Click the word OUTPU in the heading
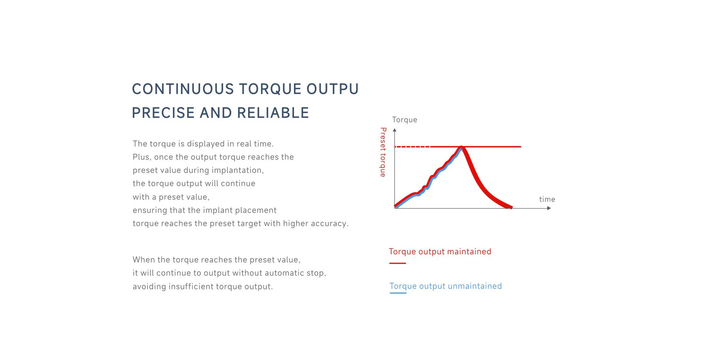pyautogui.click(x=333, y=89)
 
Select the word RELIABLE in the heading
pyautogui.click(x=273, y=113)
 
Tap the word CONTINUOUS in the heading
pyautogui.click(x=183, y=89)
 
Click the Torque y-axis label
pyautogui.click(x=405, y=120)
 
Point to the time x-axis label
pyautogui.click(x=547, y=199)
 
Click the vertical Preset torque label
pyautogui.click(x=383, y=152)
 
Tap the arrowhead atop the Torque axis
pyautogui.click(x=395, y=130)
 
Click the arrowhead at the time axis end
pyautogui.click(x=549, y=208)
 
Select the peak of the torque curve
pyautogui.click(x=461, y=147)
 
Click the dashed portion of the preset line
pyautogui.click(x=412, y=147)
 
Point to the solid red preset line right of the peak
pyautogui.click(x=493, y=146)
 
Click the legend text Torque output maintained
pyautogui.click(x=440, y=252)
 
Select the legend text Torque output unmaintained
pyautogui.click(x=446, y=286)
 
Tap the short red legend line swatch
pyautogui.click(x=398, y=263)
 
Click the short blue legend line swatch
pyautogui.click(x=398, y=293)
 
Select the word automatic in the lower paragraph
pyautogui.click(x=280, y=273)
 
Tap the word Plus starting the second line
pyautogui.click(x=142, y=157)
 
